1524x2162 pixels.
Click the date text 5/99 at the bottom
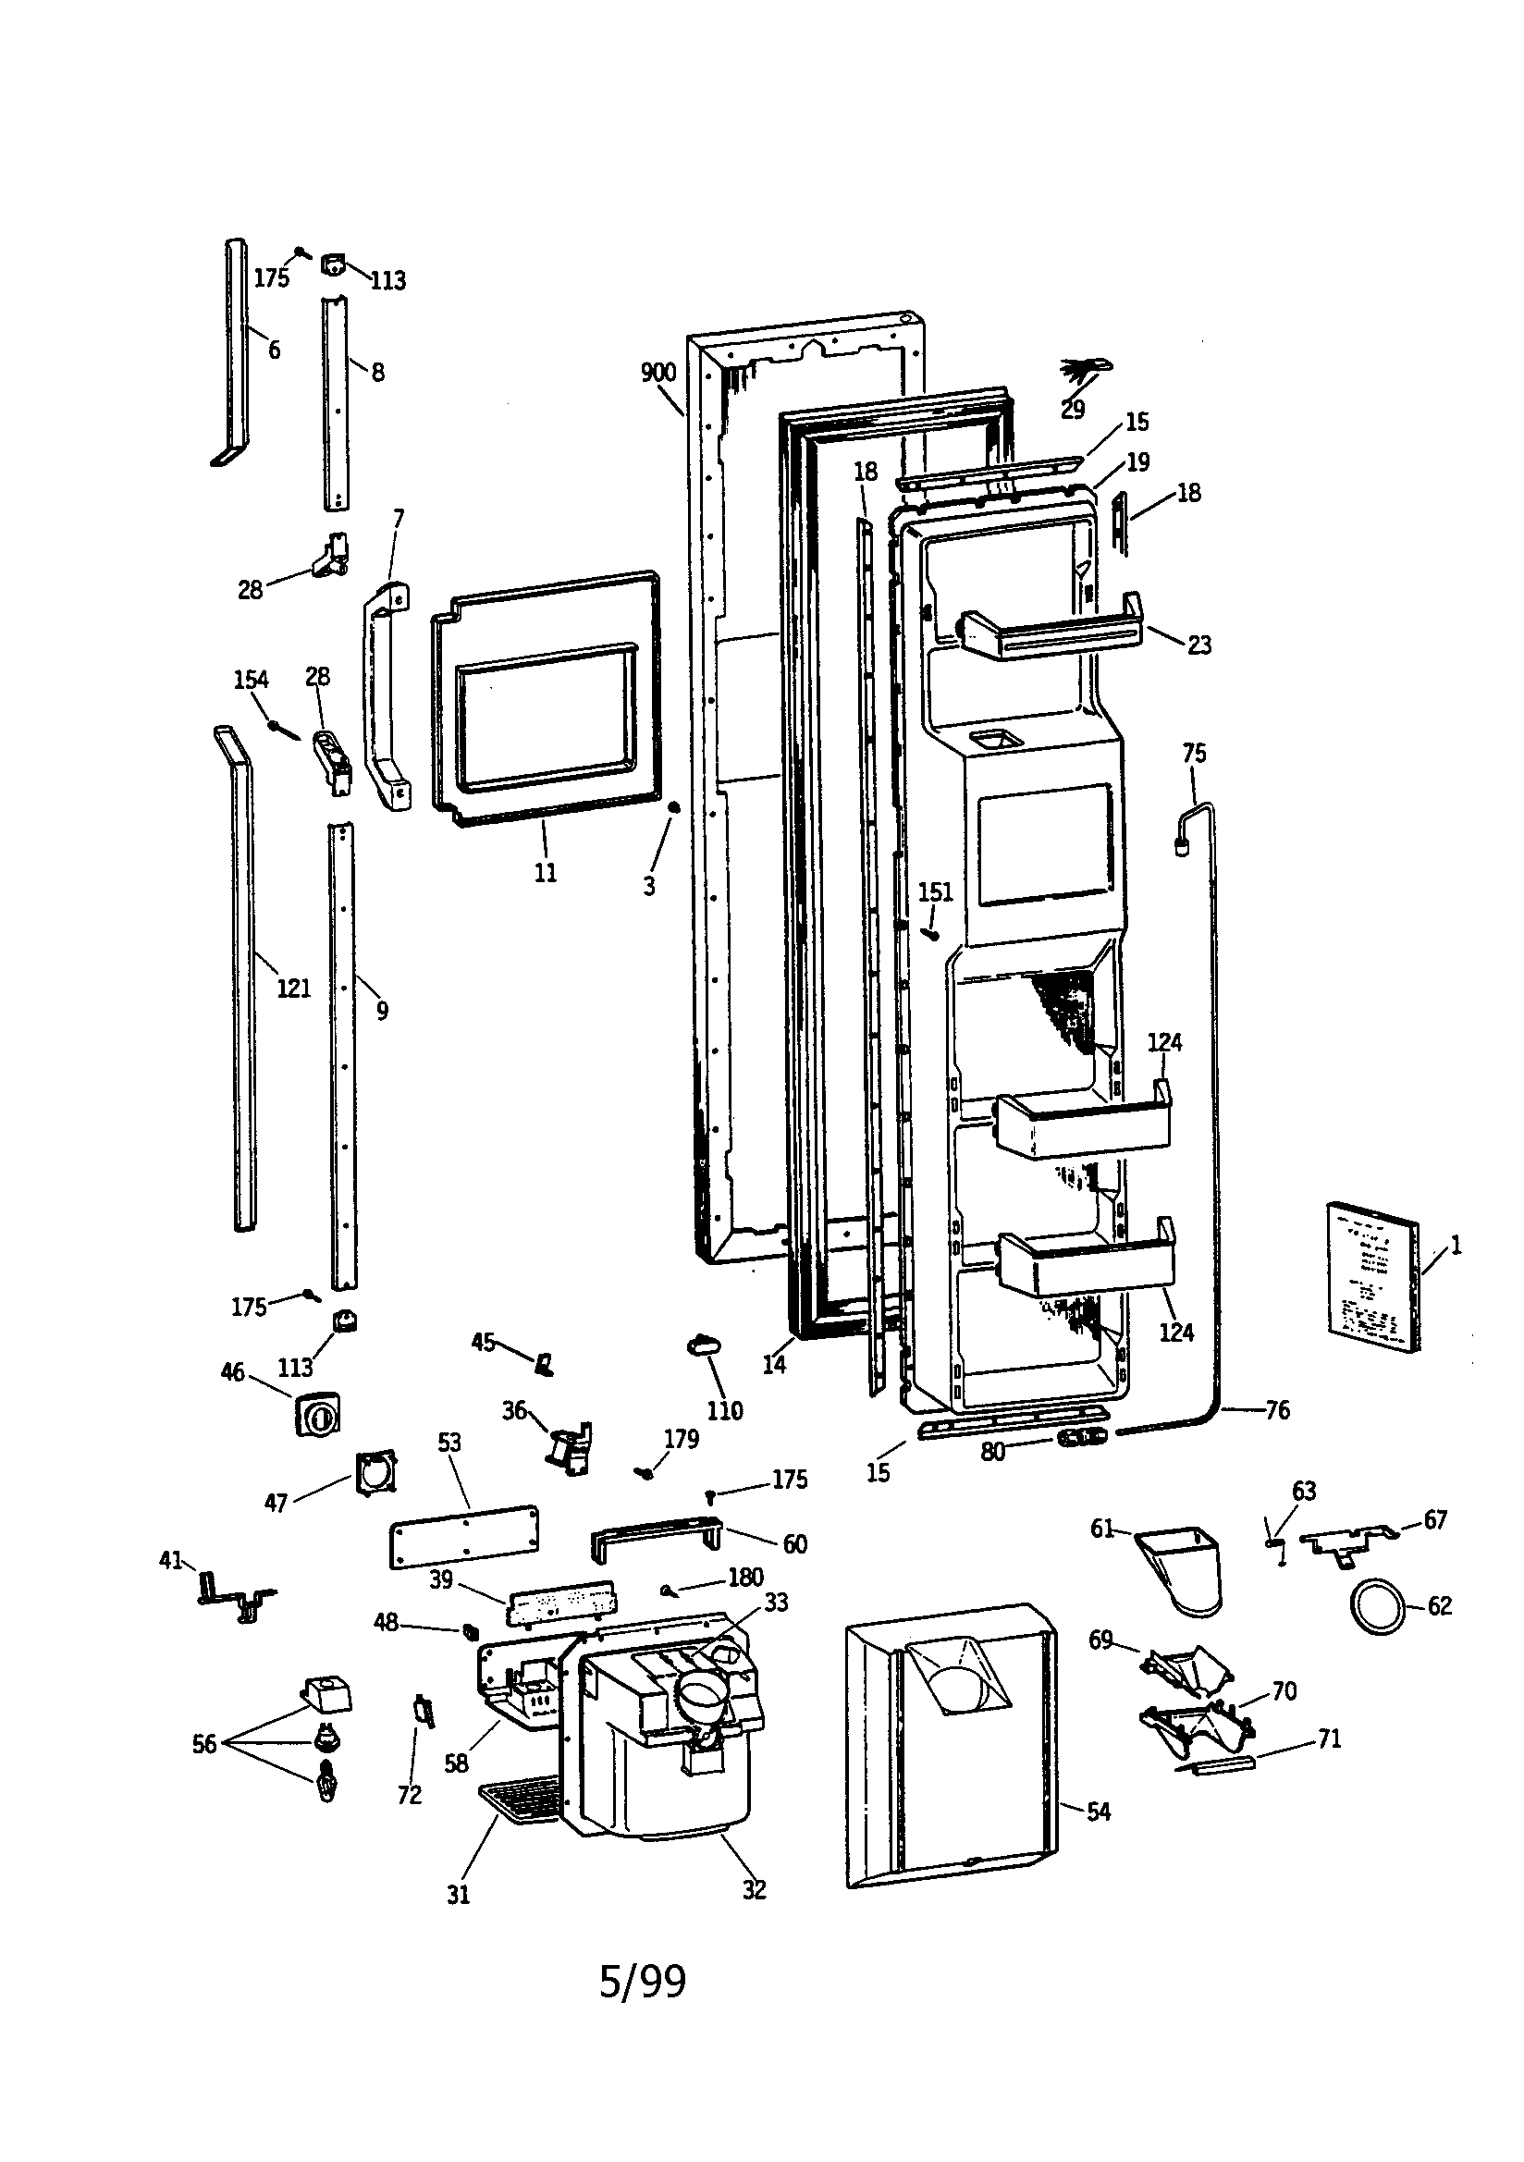pyautogui.click(x=643, y=1981)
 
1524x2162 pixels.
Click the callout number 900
pyautogui.click(x=658, y=373)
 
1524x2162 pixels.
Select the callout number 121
pyautogui.click(x=293, y=988)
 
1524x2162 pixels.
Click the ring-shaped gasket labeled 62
pyautogui.click(x=1377, y=1605)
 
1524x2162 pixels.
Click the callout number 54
pyautogui.click(x=1099, y=1811)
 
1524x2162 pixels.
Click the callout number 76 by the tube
pyautogui.click(x=1277, y=1409)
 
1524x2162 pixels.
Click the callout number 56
pyautogui.click(x=204, y=1744)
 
